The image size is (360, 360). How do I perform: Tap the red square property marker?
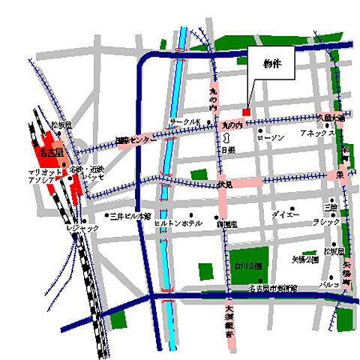[x=245, y=112]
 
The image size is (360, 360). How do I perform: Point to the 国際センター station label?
[x=136, y=140]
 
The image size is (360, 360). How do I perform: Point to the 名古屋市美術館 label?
[x=268, y=288]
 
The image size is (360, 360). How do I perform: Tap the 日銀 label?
[x=227, y=150]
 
